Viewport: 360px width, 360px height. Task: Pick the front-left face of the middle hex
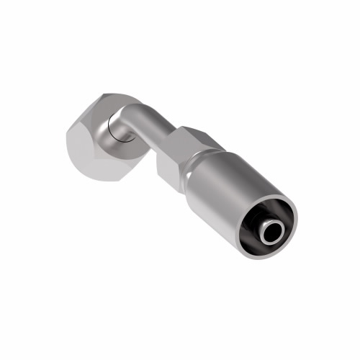coord(167,162)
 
